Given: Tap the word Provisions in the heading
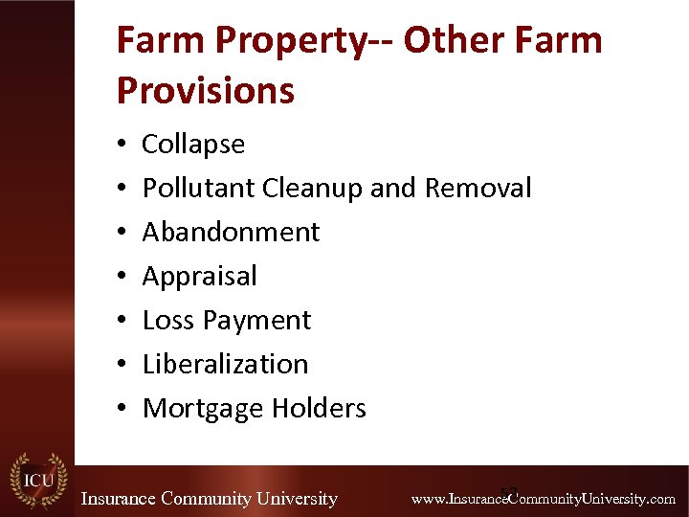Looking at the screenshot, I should (205, 91).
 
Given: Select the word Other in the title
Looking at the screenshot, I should (448, 41).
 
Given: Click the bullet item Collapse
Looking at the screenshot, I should (193, 145).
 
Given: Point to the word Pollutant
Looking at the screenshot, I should (199, 189).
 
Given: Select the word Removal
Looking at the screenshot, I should (478, 189).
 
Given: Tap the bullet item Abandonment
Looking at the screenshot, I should (231, 233).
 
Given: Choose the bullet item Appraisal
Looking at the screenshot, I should (199, 277).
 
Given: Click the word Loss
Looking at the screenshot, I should (168, 321).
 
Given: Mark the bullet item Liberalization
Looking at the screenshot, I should (225, 365).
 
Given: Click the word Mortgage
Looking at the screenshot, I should (203, 409).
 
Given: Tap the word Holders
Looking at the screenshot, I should (319, 409).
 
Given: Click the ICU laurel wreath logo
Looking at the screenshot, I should (37, 479).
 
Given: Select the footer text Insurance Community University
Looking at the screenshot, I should (209, 499).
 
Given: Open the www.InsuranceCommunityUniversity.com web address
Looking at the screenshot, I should (543, 499).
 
